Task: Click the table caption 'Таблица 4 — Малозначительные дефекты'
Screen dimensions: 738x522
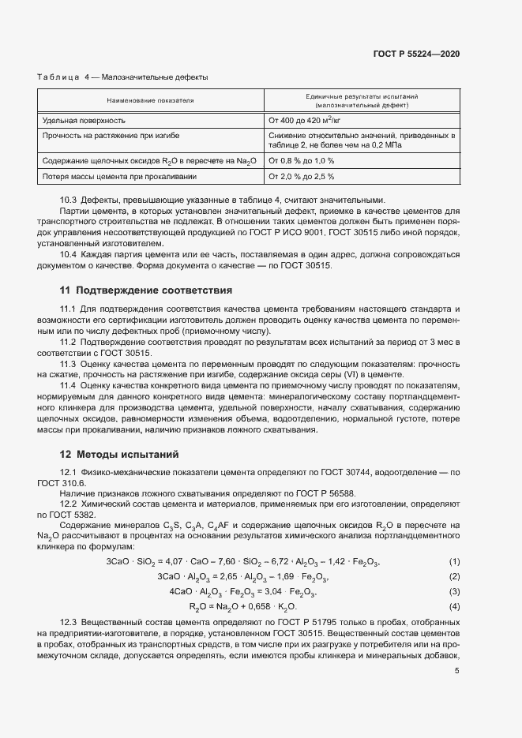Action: click(122, 77)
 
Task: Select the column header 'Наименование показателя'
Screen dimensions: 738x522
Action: click(150, 101)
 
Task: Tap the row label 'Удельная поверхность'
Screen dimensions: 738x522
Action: click(83, 121)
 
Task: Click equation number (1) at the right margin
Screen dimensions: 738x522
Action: click(454, 561)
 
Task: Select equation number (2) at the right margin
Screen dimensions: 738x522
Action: click(454, 576)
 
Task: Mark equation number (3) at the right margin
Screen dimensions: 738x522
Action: click(454, 591)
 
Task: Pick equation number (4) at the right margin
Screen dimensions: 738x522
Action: click(454, 606)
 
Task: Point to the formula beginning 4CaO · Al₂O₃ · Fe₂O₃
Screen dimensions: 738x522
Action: click(243, 591)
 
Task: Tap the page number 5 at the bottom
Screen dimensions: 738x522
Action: click(456, 672)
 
